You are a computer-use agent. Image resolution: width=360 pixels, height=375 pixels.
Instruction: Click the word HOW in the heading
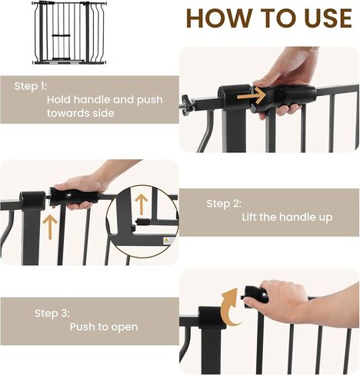[x=218, y=18]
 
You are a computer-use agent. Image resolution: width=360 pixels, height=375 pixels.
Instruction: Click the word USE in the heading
[x=328, y=18]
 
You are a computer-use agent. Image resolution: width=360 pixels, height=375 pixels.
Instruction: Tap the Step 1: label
[x=31, y=86]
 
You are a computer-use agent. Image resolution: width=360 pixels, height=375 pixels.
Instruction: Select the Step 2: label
[x=224, y=204]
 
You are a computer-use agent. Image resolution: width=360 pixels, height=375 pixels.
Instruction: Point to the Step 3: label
[x=52, y=314]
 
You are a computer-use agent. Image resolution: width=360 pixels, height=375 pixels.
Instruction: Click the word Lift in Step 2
[x=249, y=217]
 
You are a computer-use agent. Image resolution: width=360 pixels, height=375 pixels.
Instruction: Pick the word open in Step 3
[x=125, y=327]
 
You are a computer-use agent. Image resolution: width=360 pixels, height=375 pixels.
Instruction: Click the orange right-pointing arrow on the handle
[x=252, y=96]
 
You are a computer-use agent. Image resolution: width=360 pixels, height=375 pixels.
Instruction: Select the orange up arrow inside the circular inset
[x=141, y=204]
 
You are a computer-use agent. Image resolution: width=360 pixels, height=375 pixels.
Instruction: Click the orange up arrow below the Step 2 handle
[x=50, y=227]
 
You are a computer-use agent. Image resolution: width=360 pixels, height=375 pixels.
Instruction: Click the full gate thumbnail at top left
[x=69, y=32]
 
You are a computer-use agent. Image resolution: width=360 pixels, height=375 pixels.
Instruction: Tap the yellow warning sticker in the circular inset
[x=166, y=241]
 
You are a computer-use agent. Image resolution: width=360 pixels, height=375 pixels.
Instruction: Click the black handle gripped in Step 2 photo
[x=74, y=197]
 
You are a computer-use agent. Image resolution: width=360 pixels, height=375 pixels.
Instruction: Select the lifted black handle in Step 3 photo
[x=255, y=297]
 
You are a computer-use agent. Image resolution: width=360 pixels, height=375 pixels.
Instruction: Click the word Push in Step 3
[x=82, y=327]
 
